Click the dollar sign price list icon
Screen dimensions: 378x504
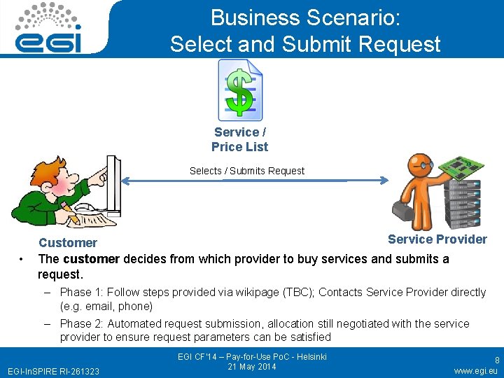[x=239, y=89]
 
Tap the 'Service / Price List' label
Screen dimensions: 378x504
[x=239, y=139]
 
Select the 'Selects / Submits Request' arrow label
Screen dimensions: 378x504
[x=247, y=171]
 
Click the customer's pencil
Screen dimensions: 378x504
[x=70, y=209]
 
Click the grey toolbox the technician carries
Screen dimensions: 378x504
[x=405, y=209]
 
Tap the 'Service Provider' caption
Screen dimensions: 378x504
[x=437, y=239]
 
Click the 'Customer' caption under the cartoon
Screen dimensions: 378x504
[x=67, y=243]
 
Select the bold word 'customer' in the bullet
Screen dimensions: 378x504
[x=91, y=259]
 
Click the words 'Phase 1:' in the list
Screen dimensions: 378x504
[x=81, y=292]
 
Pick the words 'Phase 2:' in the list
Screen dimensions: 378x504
[x=81, y=323]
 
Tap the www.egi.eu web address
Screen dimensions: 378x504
[x=475, y=371]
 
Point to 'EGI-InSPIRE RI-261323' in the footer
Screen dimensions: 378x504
[x=53, y=371]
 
